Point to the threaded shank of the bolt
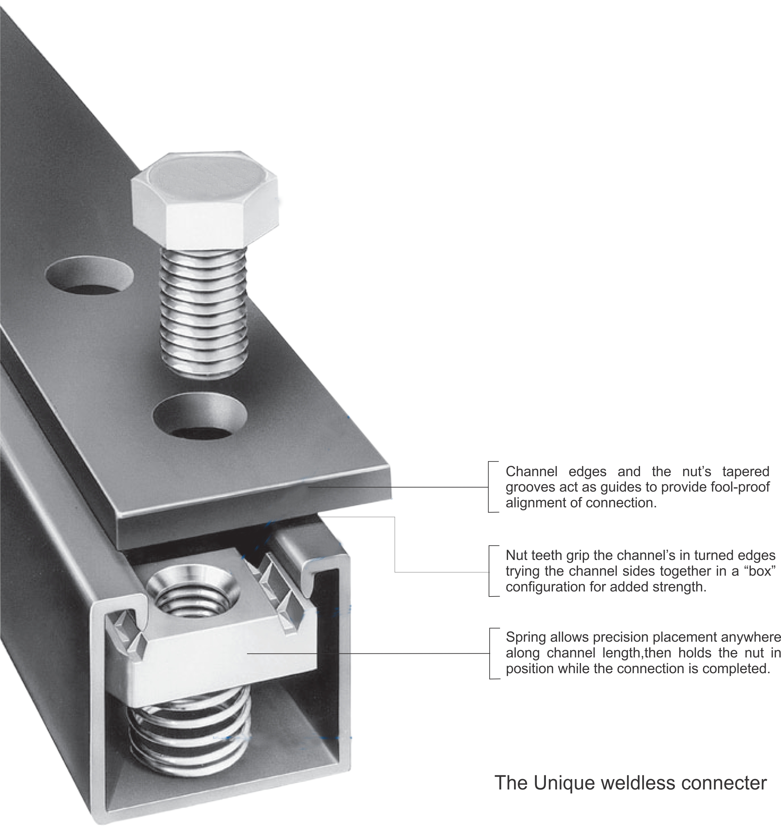pyautogui.click(x=204, y=312)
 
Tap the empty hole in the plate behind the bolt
pyautogui.click(x=89, y=277)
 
